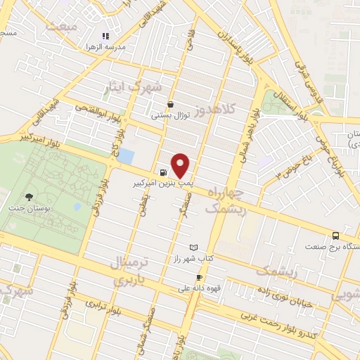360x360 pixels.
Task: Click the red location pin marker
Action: click(181, 165)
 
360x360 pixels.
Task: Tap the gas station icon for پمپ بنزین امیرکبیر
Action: click(164, 172)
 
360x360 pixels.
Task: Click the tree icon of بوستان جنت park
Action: click(29, 198)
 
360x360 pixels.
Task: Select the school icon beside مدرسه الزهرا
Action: click(105, 35)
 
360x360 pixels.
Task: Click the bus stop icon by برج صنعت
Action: click(336, 236)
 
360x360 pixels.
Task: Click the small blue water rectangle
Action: click(126, 156)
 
